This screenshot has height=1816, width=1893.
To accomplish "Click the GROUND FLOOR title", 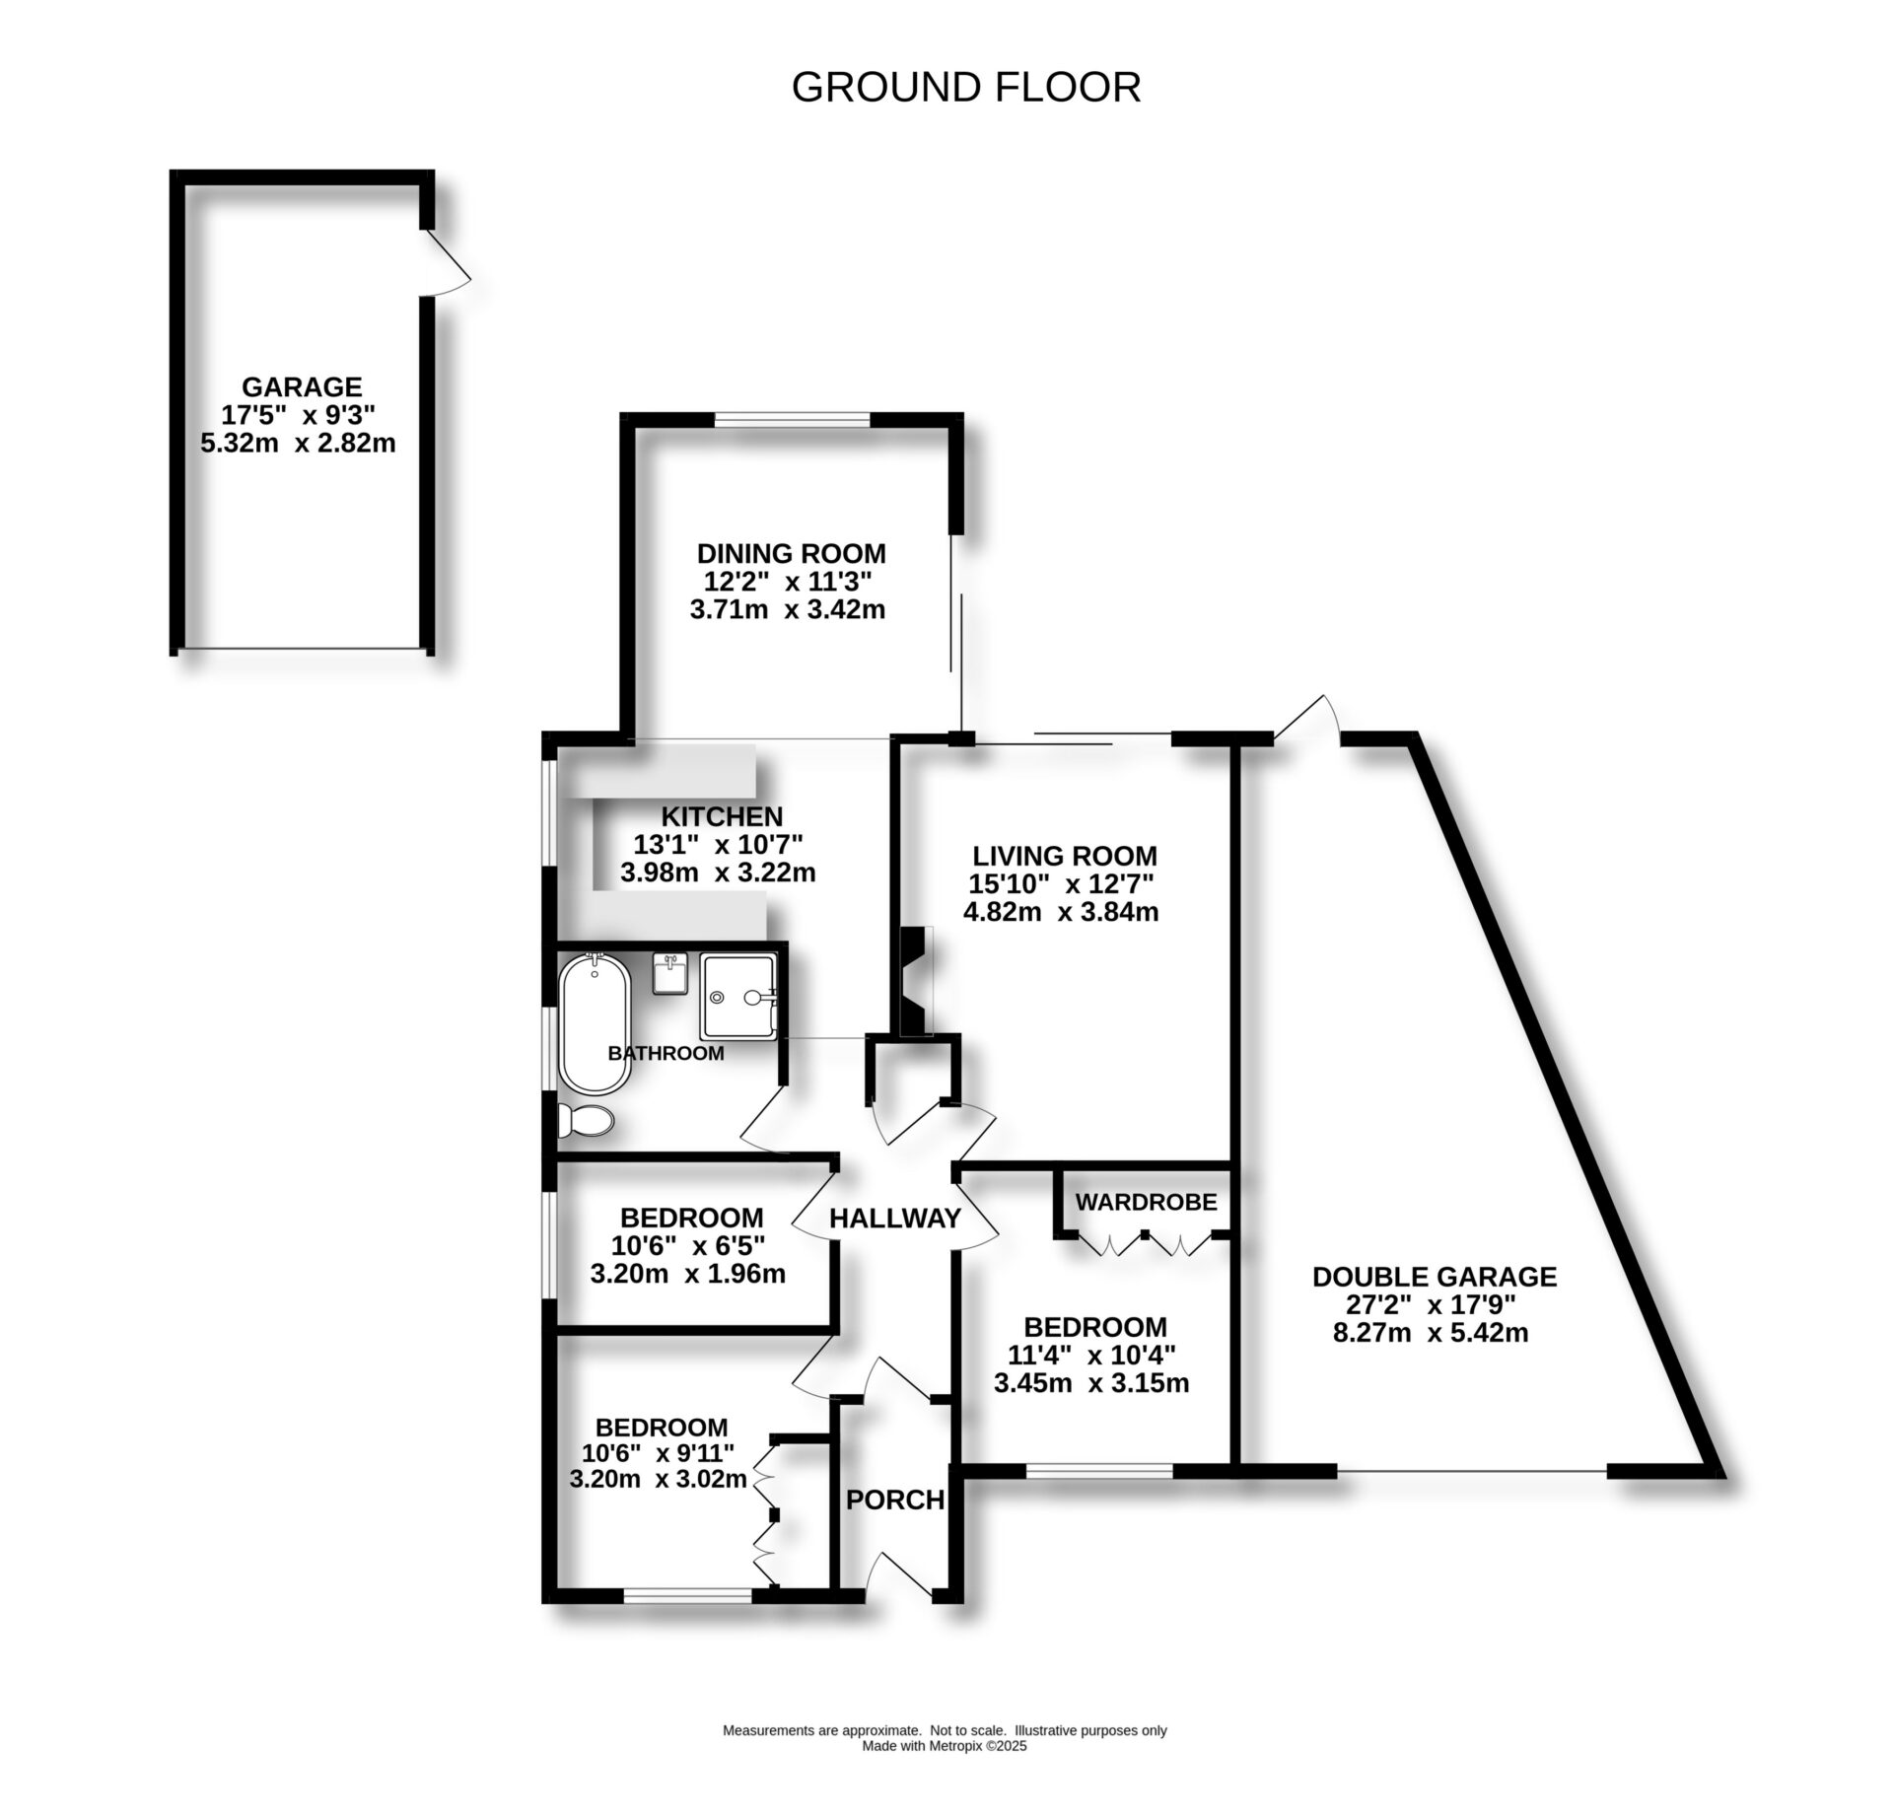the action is pyautogui.click(x=966, y=87).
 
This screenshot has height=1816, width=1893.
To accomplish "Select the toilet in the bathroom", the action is pyautogui.click(x=585, y=1119).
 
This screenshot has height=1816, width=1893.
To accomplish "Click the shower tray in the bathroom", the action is pyautogui.click(x=738, y=996).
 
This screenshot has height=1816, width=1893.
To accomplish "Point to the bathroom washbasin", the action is pyautogui.click(x=670, y=974).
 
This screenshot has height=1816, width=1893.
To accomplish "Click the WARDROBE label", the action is pyautogui.click(x=1146, y=1202).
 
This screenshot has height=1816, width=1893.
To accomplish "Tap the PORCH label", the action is pyautogui.click(x=895, y=1500).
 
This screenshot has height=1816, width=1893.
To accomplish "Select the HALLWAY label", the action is pyautogui.click(x=894, y=1219).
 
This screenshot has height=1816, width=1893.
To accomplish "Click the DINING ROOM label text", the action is pyautogui.click(x=791, y=553).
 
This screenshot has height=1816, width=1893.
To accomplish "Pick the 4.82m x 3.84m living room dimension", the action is pyautogui.click(x=1061, y=912).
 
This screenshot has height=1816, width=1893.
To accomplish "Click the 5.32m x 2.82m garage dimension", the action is pyautogui.click(x=298, y=443).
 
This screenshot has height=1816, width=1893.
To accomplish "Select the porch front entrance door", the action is pyautogui.click(x=897, y=1583).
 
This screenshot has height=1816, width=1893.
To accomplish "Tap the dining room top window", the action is pyautogui.click(x=792, y=419).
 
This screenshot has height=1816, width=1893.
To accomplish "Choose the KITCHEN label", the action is pyautogui.click(x=722, y=816).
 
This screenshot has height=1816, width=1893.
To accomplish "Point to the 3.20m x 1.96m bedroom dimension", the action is pyautogui.click(x=687, y=1274).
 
